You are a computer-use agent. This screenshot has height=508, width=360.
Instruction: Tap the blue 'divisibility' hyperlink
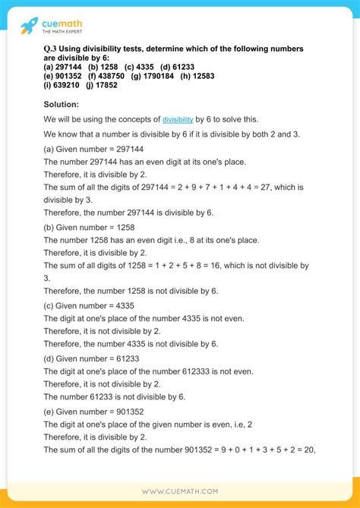(x=178, y=120)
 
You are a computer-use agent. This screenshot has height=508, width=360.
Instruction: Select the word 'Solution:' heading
(x=62, y=103)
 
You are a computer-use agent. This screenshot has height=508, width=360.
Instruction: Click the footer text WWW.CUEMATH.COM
(x=179, y=491)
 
